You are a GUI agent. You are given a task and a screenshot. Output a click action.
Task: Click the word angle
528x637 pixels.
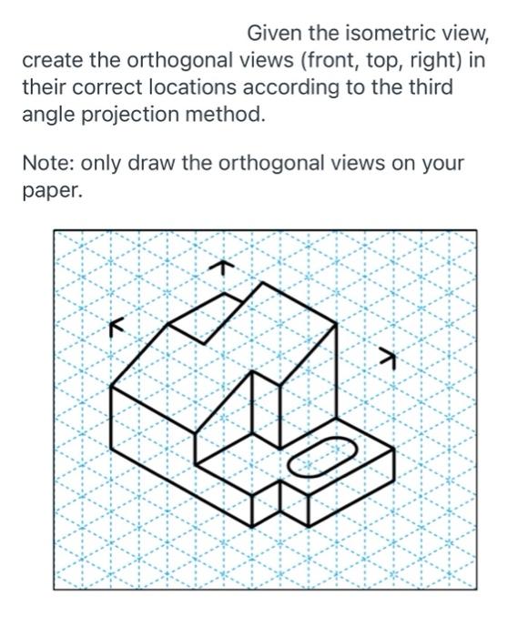(46, 116)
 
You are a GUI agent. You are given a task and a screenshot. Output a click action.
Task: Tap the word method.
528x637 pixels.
(228, 116)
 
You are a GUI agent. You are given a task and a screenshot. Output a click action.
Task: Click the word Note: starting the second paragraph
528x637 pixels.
(47, 165)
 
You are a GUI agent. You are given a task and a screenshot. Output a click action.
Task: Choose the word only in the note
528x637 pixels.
(103, 165)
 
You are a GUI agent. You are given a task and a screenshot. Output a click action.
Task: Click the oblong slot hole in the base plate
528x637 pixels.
(323, 456)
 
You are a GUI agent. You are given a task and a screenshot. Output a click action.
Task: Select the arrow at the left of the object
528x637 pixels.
(114, 325)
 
